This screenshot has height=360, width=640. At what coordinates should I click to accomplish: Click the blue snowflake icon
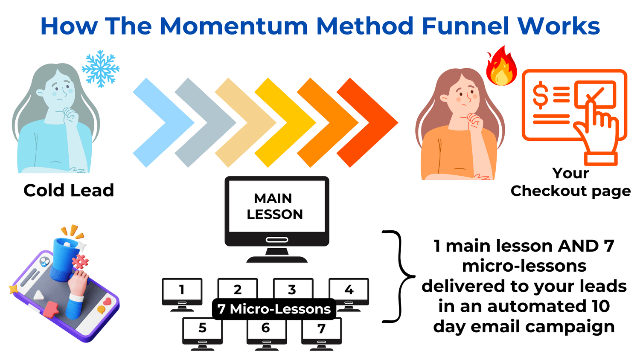pos(101,69)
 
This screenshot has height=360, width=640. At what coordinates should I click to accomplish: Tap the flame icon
pos(502,66)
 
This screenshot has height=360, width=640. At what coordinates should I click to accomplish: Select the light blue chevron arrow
pos(164,122)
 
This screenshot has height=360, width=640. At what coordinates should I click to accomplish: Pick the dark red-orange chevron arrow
pos(367,122)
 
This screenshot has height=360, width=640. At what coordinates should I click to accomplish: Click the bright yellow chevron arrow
pos(285,122)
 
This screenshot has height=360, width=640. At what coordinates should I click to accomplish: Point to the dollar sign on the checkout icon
pos(540,95)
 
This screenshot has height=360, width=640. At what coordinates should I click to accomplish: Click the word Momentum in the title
pos(234,26)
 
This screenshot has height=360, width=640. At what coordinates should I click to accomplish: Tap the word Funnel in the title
pos(465,26)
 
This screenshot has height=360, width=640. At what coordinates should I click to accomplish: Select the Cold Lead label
pos(69,190)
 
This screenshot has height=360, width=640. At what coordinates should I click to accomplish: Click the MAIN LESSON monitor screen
pos(276,206)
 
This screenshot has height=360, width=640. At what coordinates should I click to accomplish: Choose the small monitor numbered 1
pos(182,294)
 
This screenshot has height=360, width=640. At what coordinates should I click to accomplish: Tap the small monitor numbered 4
pos(349,294)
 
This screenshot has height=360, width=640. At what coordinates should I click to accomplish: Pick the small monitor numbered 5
pos(203,334)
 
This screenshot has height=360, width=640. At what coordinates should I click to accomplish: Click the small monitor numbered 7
pos(321,334)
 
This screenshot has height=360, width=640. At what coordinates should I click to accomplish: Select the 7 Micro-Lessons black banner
pos(274,309)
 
